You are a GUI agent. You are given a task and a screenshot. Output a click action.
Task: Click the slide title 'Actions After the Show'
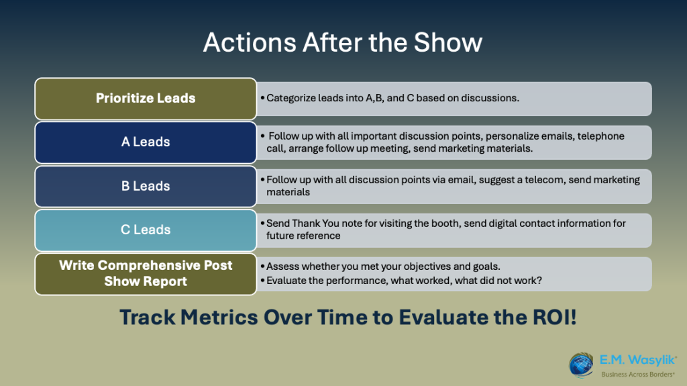(343, 42)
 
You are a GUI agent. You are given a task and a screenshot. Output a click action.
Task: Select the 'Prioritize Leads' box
(146, 99)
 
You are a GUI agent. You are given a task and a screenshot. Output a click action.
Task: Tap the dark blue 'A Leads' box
(146, 142)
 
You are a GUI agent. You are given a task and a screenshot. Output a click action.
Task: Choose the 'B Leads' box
(146, 187)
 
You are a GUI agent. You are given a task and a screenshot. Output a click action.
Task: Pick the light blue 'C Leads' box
(146, 230)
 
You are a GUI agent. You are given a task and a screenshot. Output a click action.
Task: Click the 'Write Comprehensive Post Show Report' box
(146, 274)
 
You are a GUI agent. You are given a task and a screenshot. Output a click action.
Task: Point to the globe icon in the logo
(581, 365)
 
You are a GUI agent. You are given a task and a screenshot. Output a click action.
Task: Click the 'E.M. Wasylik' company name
(638, 360)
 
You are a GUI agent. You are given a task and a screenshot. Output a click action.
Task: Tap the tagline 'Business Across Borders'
(638, 374)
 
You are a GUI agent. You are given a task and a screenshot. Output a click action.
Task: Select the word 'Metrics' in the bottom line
(219, 317)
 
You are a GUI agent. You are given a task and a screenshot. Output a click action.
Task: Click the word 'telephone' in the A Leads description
(600, 136)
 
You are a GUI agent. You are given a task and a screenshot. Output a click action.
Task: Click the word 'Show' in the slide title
(447, 42)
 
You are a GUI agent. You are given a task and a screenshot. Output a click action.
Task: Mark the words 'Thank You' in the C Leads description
(315, 224)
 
